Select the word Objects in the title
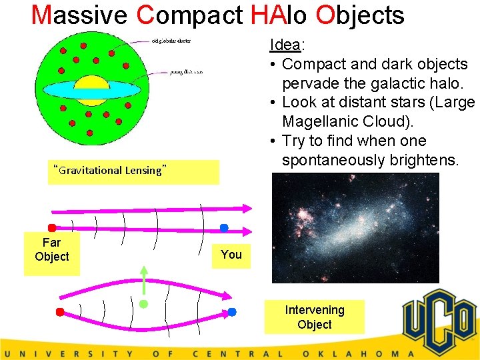coord(360,14)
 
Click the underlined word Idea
coord(285,45)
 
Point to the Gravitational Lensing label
coord(109,170)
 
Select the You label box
coord(231,255)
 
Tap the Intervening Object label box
coord(315,317)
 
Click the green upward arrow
coord(143,280)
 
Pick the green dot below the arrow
coord(143,304)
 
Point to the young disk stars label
coord(186,71)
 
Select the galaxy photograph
coord(355,228)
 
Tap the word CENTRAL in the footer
coord(237,354)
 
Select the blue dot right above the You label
coord(225,228)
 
